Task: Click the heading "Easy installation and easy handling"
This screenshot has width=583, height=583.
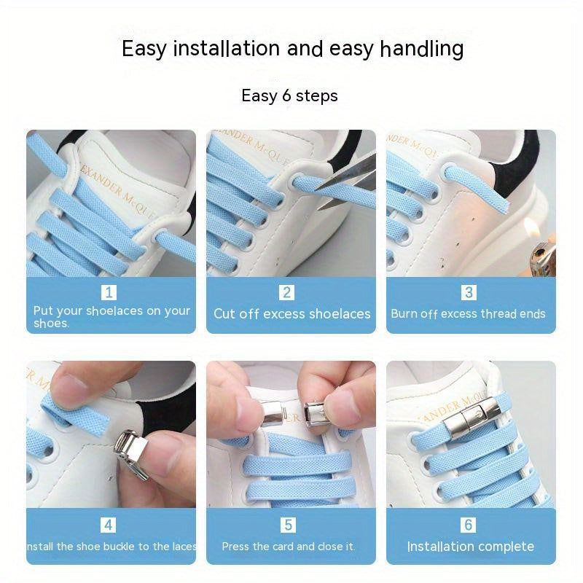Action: [x=292, y=49]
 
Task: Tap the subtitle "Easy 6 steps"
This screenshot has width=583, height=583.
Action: [x=289, y=95]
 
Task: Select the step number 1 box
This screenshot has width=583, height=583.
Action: [x=109, y=293]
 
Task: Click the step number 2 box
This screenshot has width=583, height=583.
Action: [x=287, y=293]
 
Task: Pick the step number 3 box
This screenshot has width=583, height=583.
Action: [x=469, y=293]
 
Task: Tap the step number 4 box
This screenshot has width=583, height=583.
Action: [x=109, y=525]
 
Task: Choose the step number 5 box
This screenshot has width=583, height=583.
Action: [x=287, y=525]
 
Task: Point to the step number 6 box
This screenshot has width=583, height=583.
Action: [x=469, y=525]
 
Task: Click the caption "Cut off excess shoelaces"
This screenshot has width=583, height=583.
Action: [x=291, y=314]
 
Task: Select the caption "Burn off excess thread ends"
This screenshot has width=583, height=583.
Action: [x=468, y=314]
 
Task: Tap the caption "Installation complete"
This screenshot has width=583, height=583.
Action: [x=470, y=547]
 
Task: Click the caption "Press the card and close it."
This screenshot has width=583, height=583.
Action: [x=289, y=547]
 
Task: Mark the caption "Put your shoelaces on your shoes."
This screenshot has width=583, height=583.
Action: [x=111, y=316]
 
